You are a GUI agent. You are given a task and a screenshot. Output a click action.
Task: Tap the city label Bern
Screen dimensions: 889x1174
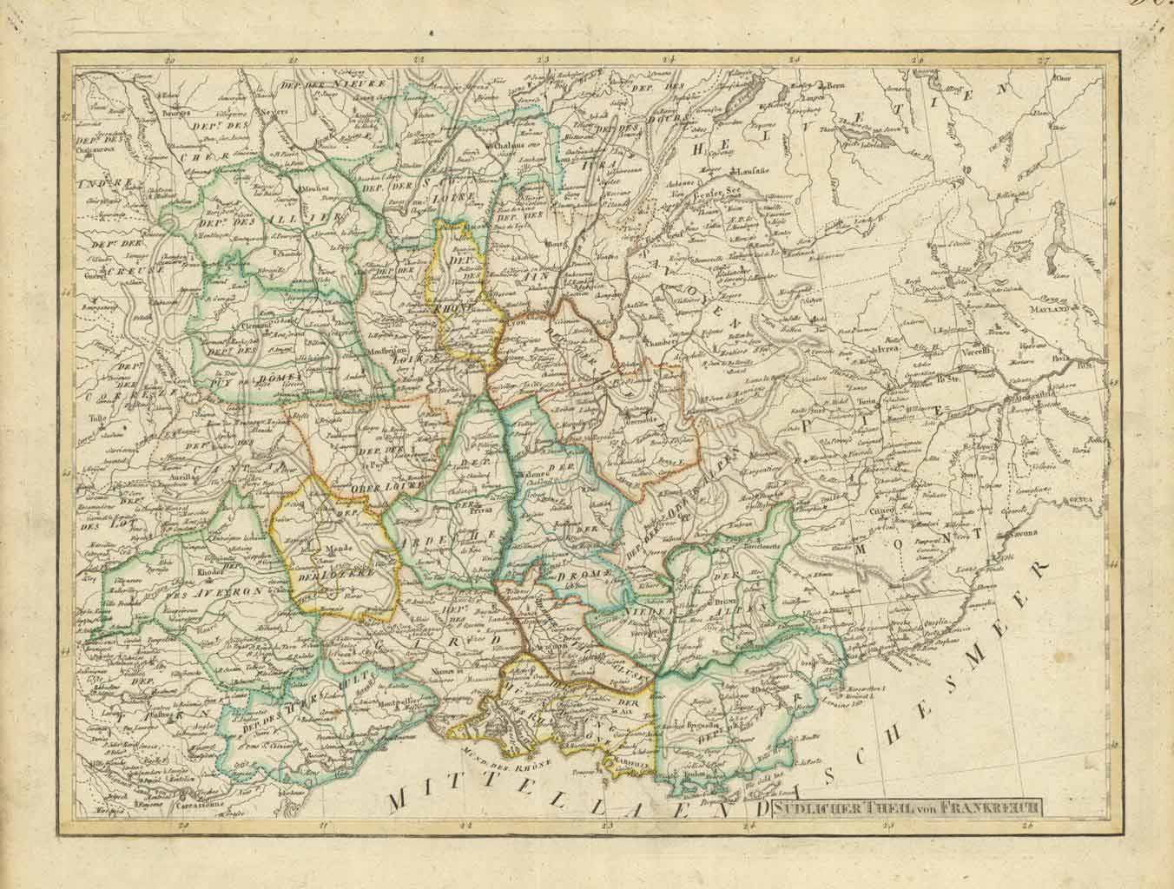pyautogui.click(x=834, y=86)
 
